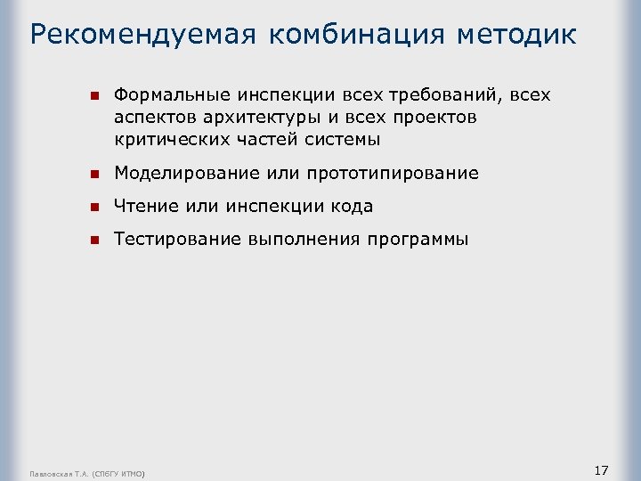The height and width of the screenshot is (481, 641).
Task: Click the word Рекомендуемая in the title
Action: [x=143, y=35]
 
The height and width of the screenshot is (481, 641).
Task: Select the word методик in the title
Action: [x=516, y=35]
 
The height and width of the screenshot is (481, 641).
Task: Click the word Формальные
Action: [x=171, y=94]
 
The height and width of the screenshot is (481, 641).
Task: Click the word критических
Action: [x=170, y=139]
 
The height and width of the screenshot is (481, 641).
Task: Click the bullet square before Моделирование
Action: [x=93, y=173]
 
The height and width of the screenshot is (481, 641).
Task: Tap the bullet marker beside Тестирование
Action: [x=93, y=240]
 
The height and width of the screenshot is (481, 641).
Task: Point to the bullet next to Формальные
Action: [x=93, y=94]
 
